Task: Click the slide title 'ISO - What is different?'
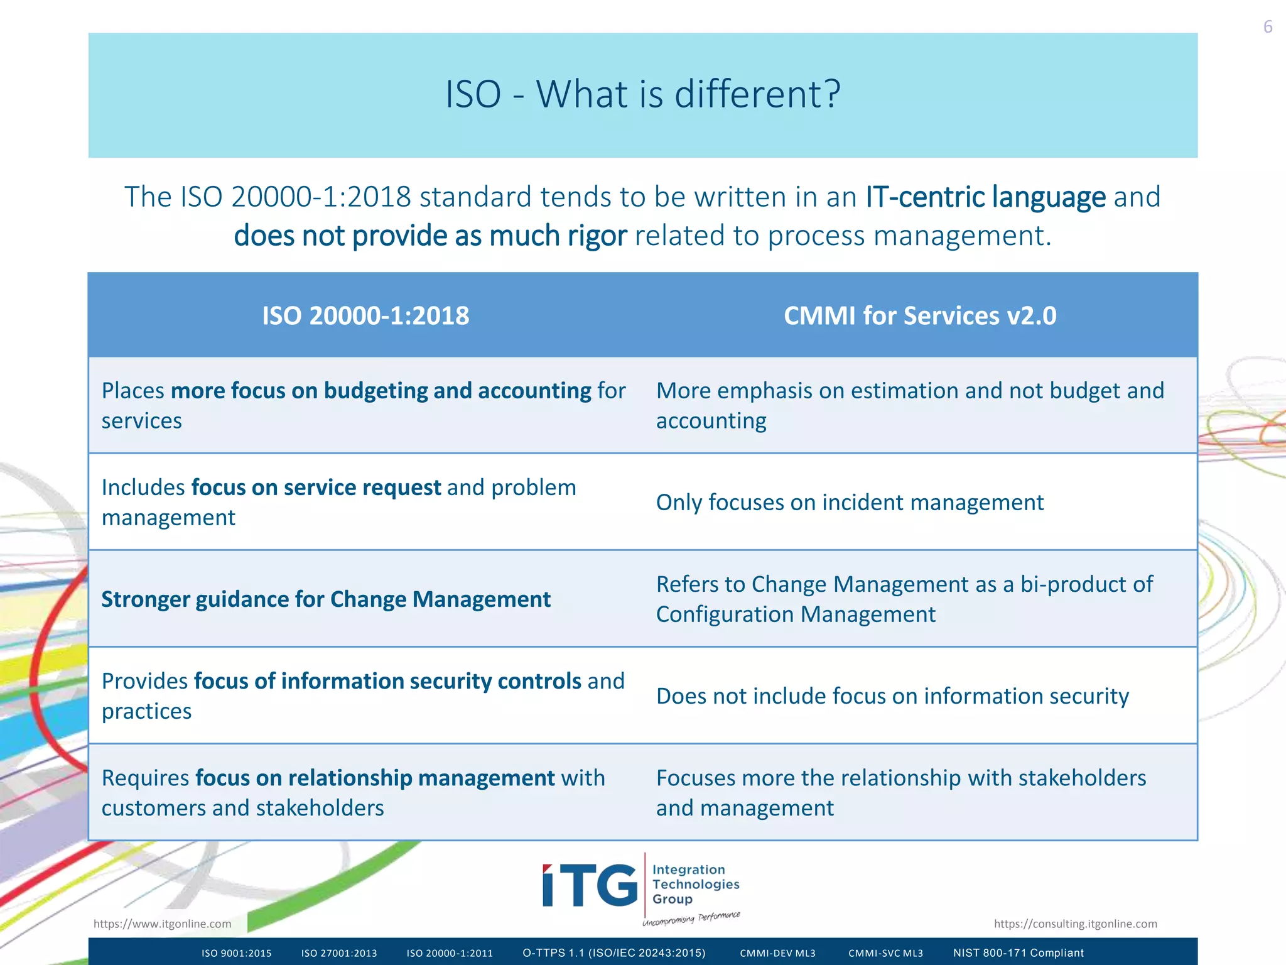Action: (x=642, y=94)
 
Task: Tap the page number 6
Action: (x=1267, y=27)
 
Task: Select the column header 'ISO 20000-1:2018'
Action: (x=365, y=315)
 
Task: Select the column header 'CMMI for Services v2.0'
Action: (x=920, y=315)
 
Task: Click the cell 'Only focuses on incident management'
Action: (x=850, y=503)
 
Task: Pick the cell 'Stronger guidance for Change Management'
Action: (x=326, y=599)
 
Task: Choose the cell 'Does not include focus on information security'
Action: (x=892, y=696)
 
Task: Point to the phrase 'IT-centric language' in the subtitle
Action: (x=985, y=197)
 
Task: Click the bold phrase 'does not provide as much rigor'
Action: (x=430, y=236)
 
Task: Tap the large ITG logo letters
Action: (x=590, y=885)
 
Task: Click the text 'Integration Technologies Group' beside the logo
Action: (x=695, y=884)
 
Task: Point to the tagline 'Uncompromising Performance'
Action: (x=691, y=918)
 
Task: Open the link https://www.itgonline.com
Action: (x=162, y=924)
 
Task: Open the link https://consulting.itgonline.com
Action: (x=1075, y=924)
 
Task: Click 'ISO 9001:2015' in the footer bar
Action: (x=237, y=953)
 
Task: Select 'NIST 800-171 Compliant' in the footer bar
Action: (x=1018, y=953)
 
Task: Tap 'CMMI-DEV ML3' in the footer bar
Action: (x=777, y=953)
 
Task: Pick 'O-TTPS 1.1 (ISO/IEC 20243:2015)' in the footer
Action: (x=614, y=953)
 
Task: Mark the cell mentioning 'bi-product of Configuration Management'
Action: (x=904, y=599)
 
